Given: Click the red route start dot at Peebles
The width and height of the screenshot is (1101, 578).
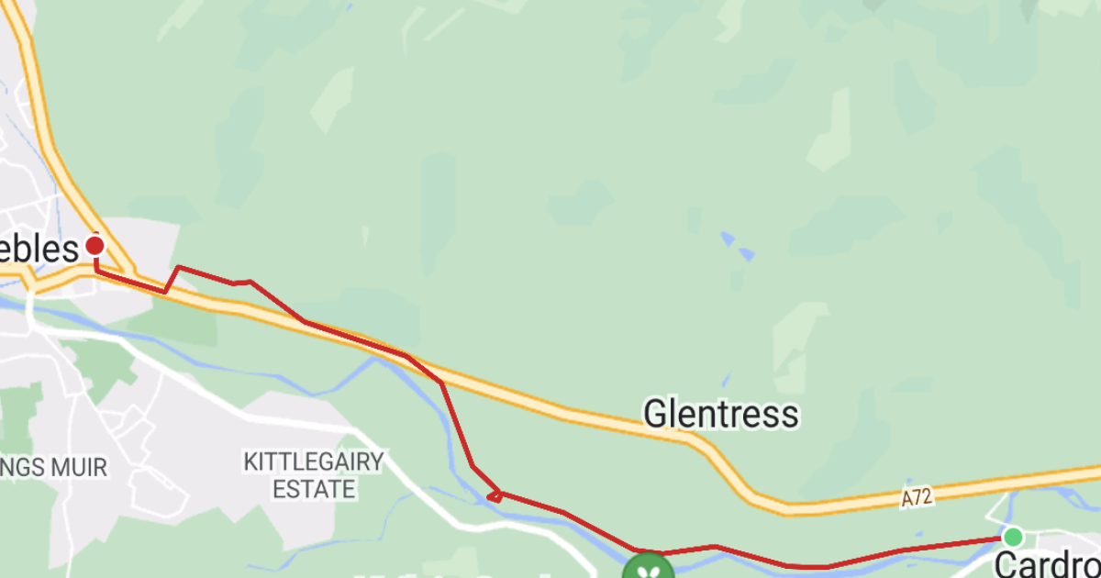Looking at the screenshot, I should click(x=95, y=245).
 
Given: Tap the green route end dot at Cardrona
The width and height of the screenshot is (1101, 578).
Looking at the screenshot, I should click(x=1013, y=536).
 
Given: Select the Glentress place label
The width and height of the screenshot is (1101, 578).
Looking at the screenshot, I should click(x=720, y=415).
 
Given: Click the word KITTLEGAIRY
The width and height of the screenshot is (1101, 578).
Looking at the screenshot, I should click(x=313, y=461).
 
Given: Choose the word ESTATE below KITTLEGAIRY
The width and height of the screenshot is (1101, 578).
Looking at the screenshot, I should click(x=313, y=489).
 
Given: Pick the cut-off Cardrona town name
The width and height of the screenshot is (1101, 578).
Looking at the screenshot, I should click(x=1047, y=563).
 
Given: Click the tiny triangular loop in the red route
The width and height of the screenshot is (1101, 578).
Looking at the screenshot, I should click(x=495, y=496).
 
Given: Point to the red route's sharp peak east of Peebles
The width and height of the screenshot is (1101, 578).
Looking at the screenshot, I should click(x=177, y=267).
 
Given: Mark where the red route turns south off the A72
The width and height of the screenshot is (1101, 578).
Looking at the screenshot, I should click(x=441, y=383).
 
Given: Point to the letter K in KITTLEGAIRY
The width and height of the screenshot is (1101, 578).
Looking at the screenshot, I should click(x=250, y=461).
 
